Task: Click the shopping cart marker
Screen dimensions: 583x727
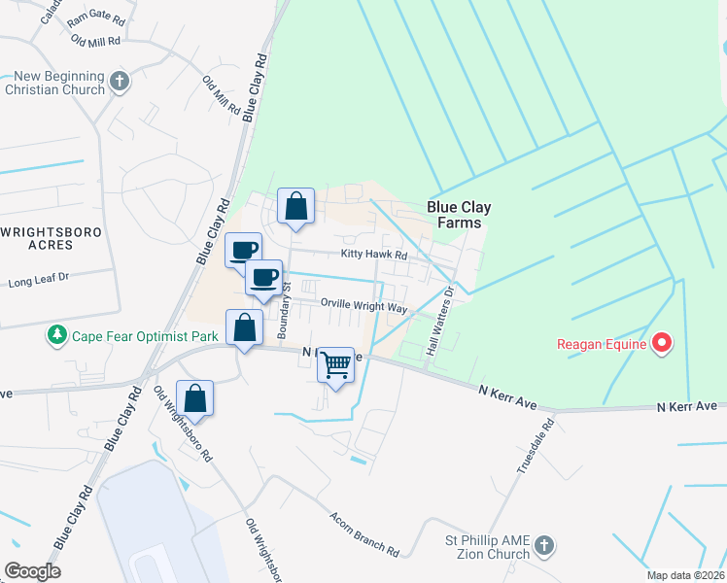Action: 335,365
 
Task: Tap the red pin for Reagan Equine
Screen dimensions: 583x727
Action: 662,343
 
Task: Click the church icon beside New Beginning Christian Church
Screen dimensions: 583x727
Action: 120,82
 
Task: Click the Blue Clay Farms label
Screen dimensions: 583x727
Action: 460,215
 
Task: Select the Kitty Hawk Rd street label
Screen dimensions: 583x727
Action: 372,255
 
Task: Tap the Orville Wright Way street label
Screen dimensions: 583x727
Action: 363,305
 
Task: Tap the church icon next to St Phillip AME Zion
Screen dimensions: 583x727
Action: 544,546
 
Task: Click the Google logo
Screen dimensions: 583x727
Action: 31,571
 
